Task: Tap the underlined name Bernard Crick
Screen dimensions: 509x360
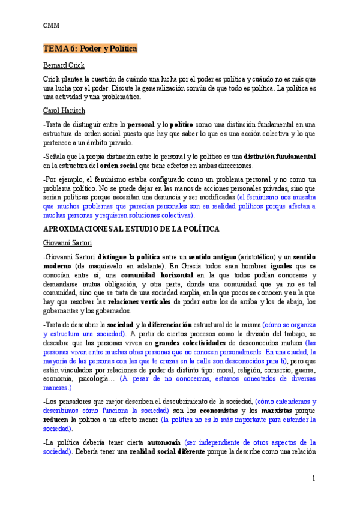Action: pos(64,65)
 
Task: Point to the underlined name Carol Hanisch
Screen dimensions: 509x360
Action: pos(65,111)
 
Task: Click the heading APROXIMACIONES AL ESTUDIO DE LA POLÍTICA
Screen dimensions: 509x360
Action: pos(131,229)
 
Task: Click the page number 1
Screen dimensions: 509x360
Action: pos(313,478)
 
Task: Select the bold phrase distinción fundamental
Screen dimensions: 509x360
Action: pos(280,157)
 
